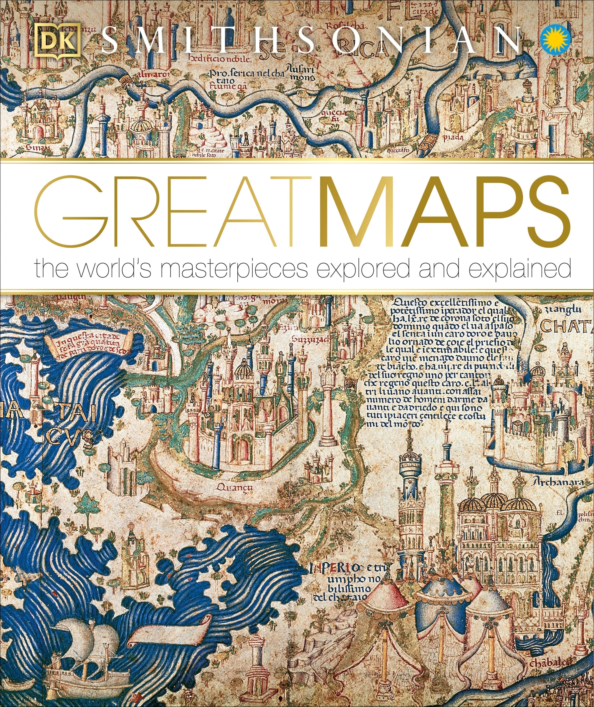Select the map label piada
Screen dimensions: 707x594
click(x=453, y=137)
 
